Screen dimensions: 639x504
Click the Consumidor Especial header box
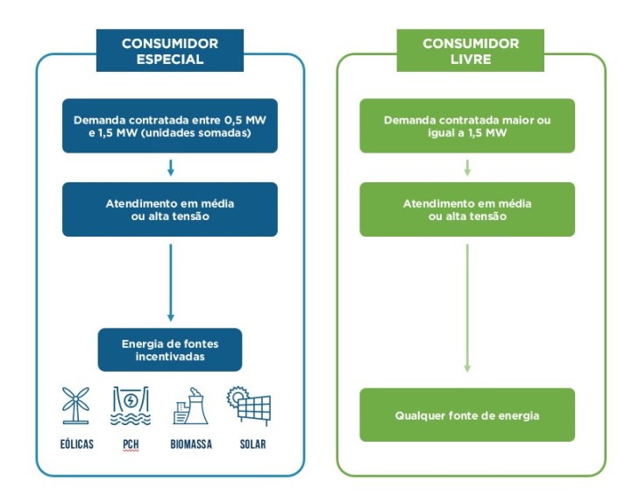169,51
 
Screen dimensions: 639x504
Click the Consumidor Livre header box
471,51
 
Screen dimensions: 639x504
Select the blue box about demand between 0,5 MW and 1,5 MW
170,126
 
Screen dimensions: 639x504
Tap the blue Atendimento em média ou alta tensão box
170,209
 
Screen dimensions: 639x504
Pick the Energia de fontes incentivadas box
170,350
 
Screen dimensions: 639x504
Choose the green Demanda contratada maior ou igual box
467,126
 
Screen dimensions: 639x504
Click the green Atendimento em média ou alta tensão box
467,209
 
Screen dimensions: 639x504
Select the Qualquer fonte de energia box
467,415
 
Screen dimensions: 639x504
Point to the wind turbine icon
75,406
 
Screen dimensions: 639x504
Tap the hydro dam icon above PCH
131,406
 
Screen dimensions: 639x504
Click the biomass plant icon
190,406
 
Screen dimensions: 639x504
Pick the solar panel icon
249,406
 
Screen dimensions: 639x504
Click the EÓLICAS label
77,444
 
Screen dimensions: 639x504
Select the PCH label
131,444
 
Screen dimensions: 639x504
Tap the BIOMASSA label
191,444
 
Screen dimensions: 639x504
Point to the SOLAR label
252,444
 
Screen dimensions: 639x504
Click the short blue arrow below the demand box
171,168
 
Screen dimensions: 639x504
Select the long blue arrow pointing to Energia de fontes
171,283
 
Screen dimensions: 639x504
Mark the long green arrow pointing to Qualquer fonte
467,308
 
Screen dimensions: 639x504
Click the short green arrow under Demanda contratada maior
467,168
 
